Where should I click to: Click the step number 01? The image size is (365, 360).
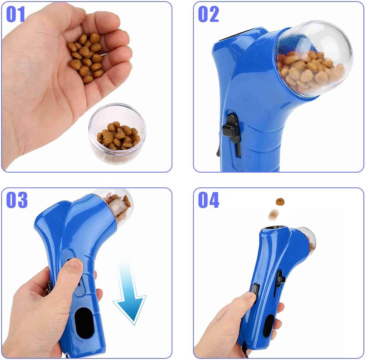pyautogui.click(x=16, y=14)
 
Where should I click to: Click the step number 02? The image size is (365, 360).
pyautogui.click(x=208, y=14)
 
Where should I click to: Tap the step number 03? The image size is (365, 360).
pyautogui.click(x=17, y=200)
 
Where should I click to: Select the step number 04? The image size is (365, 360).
pyautogui.click(x=209, y=200)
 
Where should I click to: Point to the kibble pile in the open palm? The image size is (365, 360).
pyautogui.click(x=85, y=57)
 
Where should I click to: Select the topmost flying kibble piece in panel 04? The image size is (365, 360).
pyautogui.click(x=280, y=201)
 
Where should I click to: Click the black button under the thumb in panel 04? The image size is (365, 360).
pyautogui.click(x=255, y=290)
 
